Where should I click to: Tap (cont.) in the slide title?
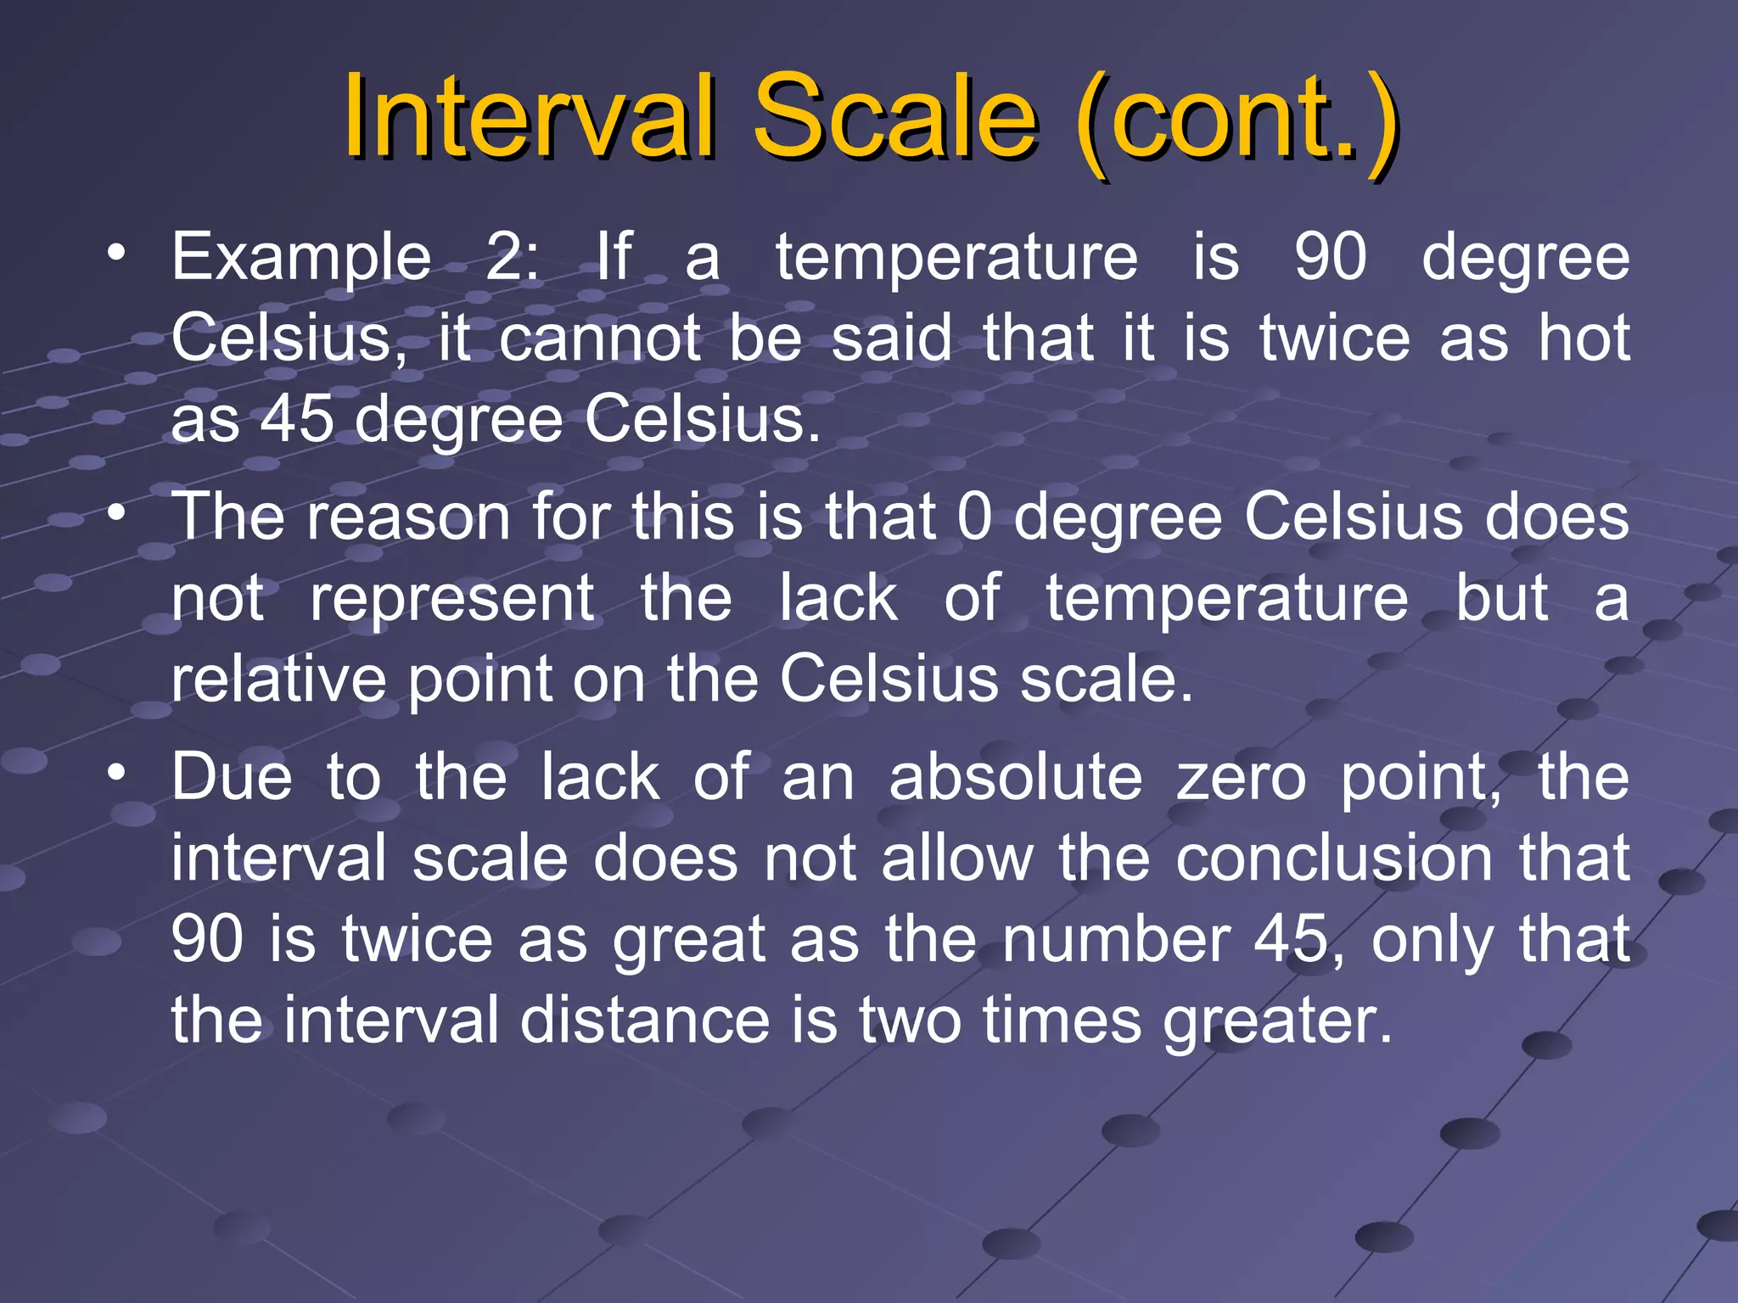click(1235, 119)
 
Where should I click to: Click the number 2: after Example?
click(512, 256)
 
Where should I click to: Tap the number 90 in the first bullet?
click(1331, 256)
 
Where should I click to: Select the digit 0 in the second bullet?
click(974, 517)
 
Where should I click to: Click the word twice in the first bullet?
click(1334, 338)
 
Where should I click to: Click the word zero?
click(1241, 778)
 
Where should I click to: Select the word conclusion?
click(1334, 858)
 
